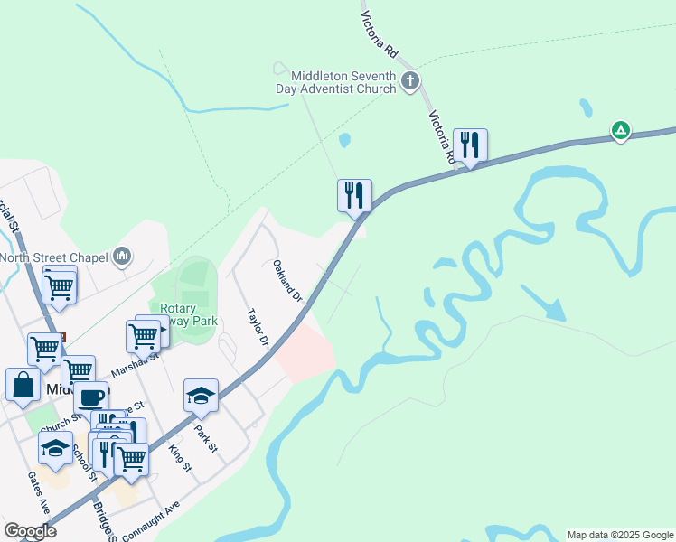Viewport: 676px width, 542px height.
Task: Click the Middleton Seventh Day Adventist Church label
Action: click(x=336, y=82)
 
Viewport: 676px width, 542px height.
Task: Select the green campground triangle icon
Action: click(x=621, y=130)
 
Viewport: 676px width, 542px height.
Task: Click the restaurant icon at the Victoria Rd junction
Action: click(x=470, y=145)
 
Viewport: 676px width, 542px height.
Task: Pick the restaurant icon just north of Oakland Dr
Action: click(x=354, y=195)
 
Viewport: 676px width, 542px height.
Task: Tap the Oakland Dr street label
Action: click(x=286, y=280)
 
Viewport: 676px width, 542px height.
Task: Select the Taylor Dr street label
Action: click(x=258, y=327)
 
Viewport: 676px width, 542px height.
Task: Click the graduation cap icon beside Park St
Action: click(x=202, y=395)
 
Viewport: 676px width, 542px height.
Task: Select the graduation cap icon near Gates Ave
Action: click(x=55, y=447)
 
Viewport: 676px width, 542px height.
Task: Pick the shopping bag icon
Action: click(x=23, y=384)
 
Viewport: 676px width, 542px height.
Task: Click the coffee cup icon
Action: click(x=90, y=397)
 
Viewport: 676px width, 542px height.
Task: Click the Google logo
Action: click(x=30, y=532)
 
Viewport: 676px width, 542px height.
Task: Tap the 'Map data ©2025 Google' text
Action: click(x=620, y=535)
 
